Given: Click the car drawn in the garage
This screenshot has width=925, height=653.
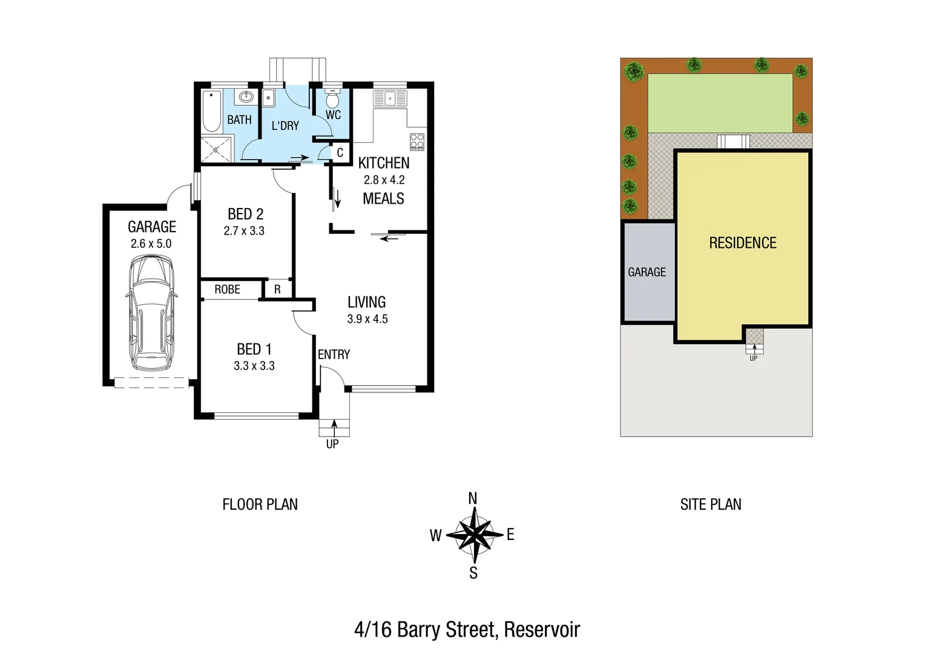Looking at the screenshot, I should point(151,313).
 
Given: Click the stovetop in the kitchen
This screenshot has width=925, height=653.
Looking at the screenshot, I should point(417,141).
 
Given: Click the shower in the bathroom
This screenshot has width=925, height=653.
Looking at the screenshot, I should point(216,149).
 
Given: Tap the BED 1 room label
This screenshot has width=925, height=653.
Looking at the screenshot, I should point(254,349).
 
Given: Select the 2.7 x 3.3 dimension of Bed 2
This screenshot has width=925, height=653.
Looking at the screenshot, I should point(244,230).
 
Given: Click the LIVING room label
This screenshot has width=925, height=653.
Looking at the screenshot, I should point(366,302).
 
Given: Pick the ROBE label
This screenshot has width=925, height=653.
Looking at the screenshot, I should point(227,290).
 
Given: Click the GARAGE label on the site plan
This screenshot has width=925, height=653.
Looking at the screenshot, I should point(647,272).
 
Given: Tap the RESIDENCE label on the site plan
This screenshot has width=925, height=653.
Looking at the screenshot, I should point(742,243).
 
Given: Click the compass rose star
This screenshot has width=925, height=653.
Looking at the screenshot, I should point(473,534).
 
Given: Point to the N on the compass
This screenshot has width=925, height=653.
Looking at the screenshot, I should point(473,498).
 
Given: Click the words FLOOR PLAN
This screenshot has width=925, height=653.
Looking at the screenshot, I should point(260,504).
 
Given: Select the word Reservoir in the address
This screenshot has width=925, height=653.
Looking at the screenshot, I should point(542,629).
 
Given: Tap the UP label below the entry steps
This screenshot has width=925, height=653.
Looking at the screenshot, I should point(332,444).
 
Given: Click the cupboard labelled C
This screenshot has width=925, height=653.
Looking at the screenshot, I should point(340,152).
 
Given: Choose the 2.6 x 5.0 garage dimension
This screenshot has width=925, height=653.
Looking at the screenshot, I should point(151,244).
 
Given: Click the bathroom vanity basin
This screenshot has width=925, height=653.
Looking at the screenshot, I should point(246,97).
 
